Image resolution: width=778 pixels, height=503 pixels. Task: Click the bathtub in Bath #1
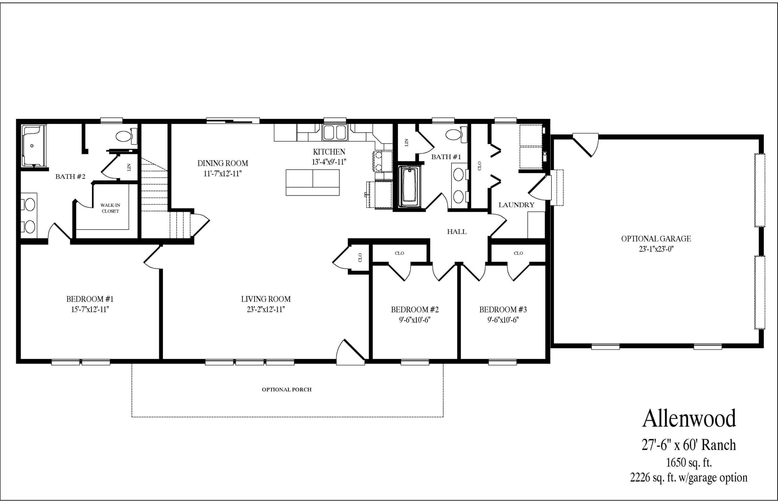409,186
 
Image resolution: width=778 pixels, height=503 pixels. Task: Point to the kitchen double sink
335,132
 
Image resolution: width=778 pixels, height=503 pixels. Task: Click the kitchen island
312,182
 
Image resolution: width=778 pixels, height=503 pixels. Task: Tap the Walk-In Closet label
110,208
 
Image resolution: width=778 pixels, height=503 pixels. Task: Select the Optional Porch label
287,390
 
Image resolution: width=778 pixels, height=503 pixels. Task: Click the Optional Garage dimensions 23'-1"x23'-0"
656,249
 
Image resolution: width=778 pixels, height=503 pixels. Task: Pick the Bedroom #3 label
503,309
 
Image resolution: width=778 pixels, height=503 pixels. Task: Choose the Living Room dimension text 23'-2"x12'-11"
266,309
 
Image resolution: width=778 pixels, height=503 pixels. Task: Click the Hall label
456,232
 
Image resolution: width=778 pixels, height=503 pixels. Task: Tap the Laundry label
516,205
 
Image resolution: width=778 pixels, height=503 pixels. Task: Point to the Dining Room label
222,163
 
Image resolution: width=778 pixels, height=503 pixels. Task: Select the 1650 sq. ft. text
689,463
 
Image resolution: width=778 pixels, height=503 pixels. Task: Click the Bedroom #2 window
415,362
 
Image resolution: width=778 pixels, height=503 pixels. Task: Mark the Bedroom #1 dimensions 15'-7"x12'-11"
90,309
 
